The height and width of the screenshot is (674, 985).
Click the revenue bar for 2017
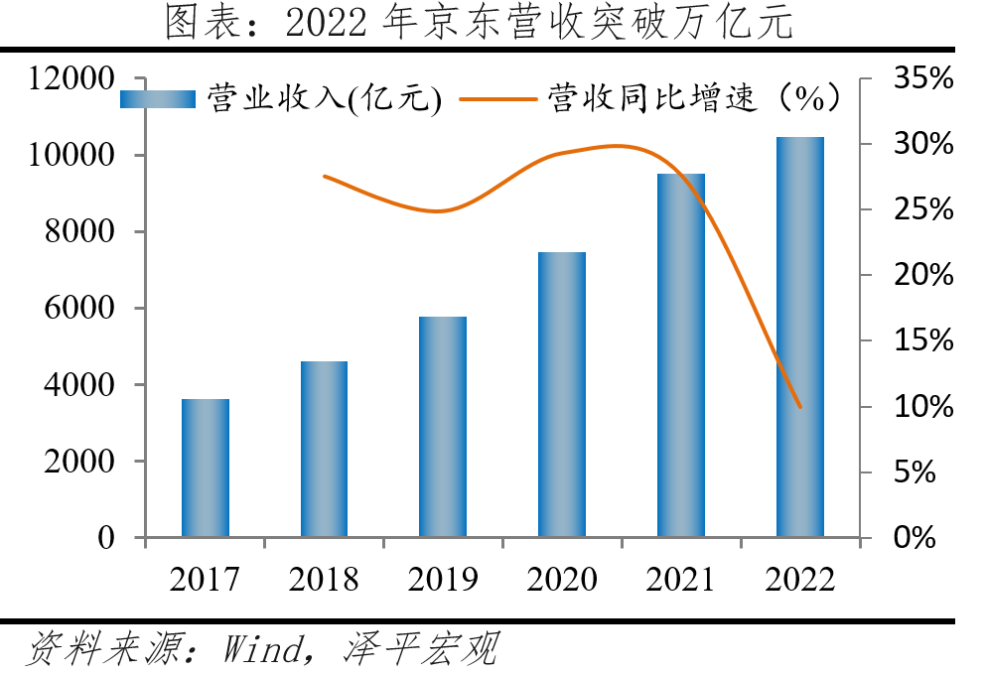[x=206, y=468]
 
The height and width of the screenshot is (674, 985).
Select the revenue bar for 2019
[x=443, y=427]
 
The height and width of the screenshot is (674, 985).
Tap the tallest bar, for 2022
[x=800, y=337]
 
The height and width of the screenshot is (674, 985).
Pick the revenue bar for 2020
[x=562, y=394]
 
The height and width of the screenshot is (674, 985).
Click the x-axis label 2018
[x=324, y=579]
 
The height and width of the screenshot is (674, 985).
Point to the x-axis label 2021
[x=680, y=579]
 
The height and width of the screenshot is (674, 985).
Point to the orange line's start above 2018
[x=325, y=176]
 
